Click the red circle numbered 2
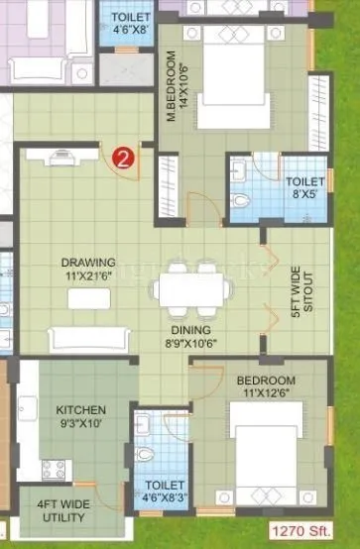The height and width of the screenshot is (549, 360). (x=122, y=158)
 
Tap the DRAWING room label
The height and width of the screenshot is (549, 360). (x=88, y=263)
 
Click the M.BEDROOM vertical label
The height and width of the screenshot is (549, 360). (x=176, y=83)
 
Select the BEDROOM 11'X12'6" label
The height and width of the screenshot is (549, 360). (x=266, y=387)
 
